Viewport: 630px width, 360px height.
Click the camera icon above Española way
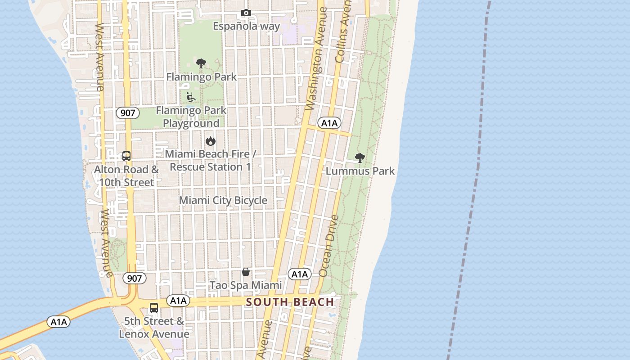pos(246,13)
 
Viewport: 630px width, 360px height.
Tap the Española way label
pos(246,26)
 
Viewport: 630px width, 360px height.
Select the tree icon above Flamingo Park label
pos(201,63)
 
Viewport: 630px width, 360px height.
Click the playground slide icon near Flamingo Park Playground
pos(191,97)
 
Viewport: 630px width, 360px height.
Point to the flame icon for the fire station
pos(210,141)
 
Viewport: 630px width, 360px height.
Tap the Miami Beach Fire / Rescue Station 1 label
pos(210,160)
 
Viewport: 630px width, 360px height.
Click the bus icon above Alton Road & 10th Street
pos(126,156)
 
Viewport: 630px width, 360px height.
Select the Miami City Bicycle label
pos(223,200)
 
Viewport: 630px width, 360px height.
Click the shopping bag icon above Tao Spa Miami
pos(246,272)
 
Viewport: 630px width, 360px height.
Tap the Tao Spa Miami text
pos(246,285)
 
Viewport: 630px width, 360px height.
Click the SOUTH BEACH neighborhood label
pos(290,302)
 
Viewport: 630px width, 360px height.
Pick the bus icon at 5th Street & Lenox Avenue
pos(154,308)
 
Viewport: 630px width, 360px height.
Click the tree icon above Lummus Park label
pos(360,157)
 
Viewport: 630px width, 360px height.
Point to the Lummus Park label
pos(360,171)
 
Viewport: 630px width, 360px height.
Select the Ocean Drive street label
pos(329,246)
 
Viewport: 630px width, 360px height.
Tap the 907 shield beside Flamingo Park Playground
pos(128,112)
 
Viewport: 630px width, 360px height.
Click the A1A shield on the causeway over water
pos(59,322)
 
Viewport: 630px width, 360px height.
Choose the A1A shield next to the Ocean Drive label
pos(300,274)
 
